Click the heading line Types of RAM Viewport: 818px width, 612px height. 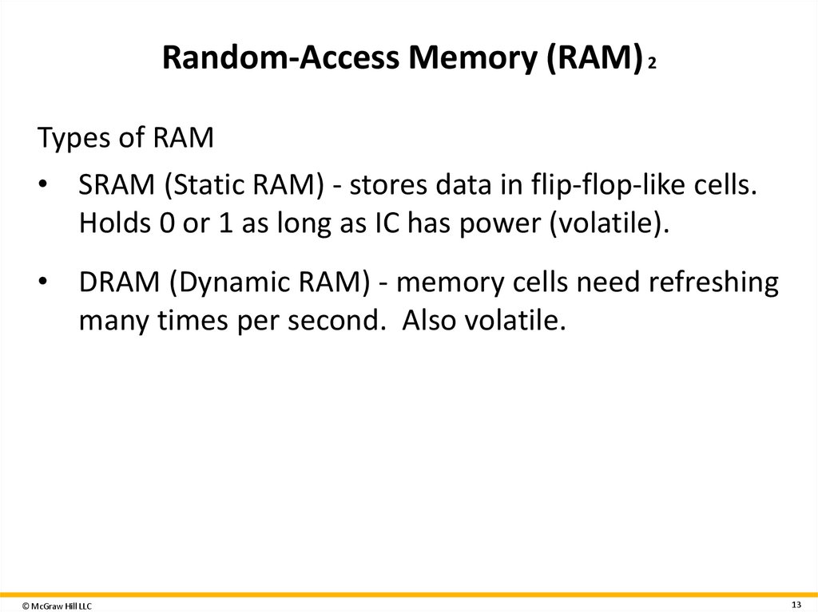coord(126,139)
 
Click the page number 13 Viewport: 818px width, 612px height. coord(796,602)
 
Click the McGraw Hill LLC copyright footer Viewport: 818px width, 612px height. coord(57,606)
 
